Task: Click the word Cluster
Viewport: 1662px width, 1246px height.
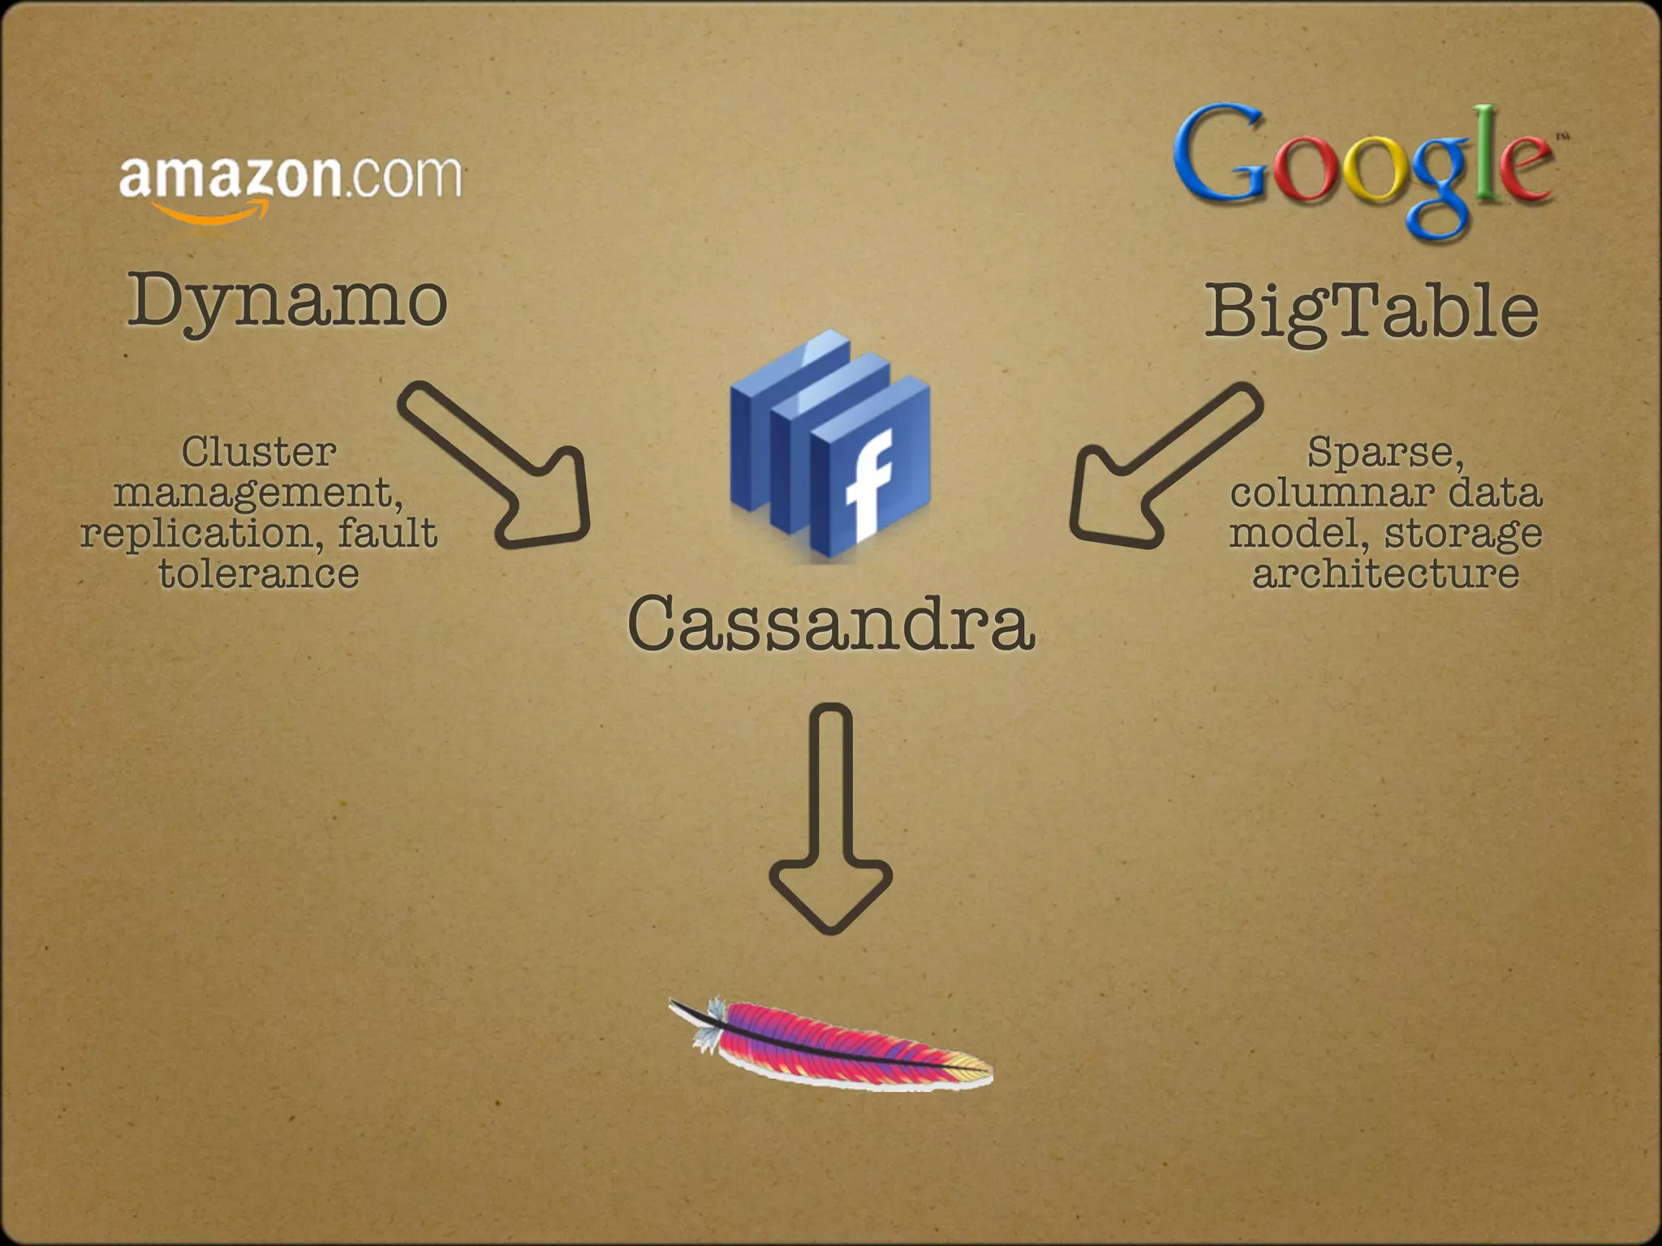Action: coord(258,452)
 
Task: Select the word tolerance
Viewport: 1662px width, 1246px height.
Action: coord(258,574)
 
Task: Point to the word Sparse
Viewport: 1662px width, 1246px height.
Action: coord(1384,452)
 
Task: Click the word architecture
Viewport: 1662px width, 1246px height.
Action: coord(1385,574)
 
